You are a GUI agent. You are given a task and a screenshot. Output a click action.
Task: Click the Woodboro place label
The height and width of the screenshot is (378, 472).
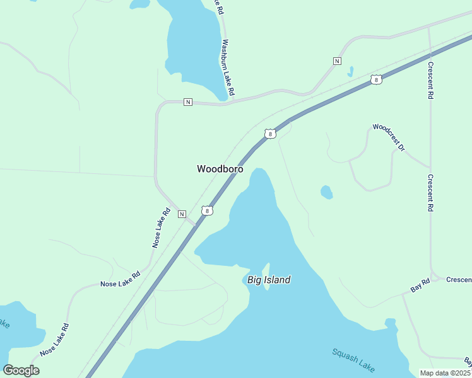pos(220,169)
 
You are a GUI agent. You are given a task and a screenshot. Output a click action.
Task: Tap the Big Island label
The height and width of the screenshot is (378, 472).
pos(269,280)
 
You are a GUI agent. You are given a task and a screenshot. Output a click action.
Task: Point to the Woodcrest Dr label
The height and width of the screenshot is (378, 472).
pos(389,135)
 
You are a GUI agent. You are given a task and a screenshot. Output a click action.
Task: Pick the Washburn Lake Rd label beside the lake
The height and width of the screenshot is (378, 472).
pos(228,68)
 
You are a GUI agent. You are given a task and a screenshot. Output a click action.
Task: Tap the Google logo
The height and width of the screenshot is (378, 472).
pos(21,370)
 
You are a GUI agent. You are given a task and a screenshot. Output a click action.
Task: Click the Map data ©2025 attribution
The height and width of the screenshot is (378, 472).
pos(445,373)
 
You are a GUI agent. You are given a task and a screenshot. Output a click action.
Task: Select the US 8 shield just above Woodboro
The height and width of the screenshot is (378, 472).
pos(270,134)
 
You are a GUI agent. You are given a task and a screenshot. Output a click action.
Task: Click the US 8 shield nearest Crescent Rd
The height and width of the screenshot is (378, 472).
pos(376,80)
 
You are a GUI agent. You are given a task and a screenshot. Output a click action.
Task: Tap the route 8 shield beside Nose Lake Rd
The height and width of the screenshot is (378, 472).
pos(206,210)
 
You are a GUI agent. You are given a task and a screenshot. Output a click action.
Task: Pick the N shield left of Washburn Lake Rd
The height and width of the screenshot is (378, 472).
pos(187,102)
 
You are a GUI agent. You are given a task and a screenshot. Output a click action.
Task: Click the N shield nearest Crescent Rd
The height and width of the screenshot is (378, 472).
pos(337,61)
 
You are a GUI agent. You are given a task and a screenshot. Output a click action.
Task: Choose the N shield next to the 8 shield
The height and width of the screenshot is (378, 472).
pos(182,214)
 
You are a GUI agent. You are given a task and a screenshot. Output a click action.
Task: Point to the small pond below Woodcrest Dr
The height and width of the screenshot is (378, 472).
pos(326,192)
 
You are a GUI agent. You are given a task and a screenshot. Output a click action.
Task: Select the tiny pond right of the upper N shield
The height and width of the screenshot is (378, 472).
pos(350,71)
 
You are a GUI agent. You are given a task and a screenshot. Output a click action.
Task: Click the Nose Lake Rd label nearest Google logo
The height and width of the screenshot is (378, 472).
pos(54,340)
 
